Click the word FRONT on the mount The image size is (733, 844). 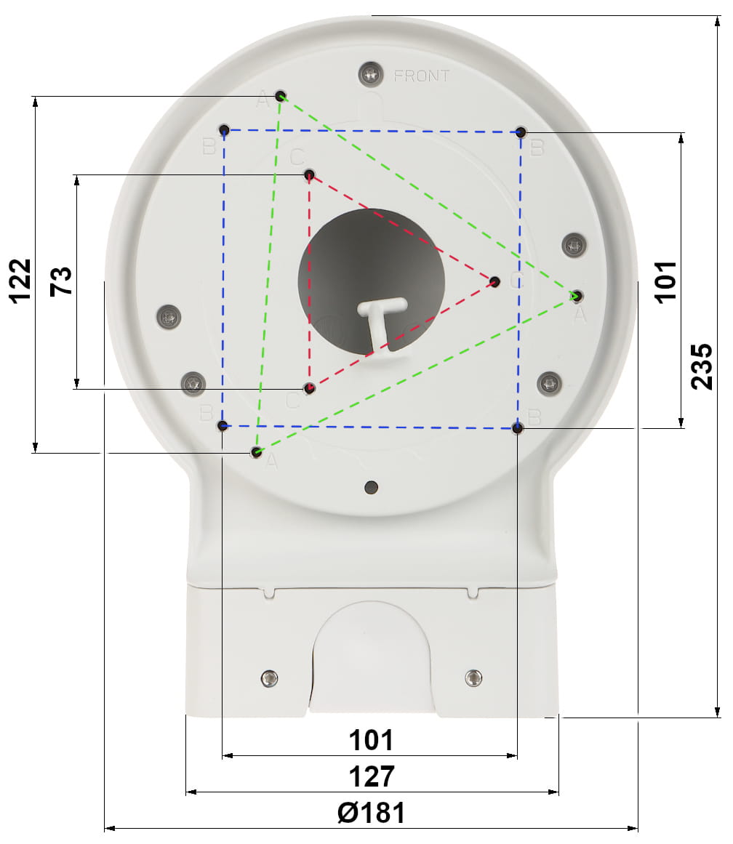pyautogui.click(x=422, y=76)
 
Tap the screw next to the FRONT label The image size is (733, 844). pyautogui.click(x=372, y=73)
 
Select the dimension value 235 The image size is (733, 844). pyautogui.click(x=701, y=366)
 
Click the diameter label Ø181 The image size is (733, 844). pyautogui.click(x=371, y=812)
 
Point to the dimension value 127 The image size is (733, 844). pyautogui.click(x=371, y=776)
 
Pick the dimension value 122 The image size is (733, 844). pyautogui.click(x=20, y=280)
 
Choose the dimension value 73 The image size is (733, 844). pyautogui.click(x=61, y=281)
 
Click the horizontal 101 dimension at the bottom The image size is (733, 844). pyautogui.click(x=371, y=740)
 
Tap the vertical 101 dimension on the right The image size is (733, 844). pyautogui.click(x=665, y=281)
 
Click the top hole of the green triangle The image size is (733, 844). pyautogui.click(x=281, y=96)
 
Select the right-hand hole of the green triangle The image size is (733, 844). pyautogui.click(x=577, y=296)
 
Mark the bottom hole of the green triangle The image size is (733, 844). pyautogui.click(x=256, y=452)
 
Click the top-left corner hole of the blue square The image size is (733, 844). pyautogui.click(x=225, y=130)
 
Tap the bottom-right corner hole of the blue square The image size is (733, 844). pyautogui.click(x=517, y=428)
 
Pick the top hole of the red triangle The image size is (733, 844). pyautogui.click(x=310, y=174)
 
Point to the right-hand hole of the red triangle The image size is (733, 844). pyautogui.click(x=495, y=281)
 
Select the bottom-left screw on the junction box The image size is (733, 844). pyautogui.click(x=269, y=678)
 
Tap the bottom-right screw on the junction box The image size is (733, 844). pyautogui.click(x=473, y=678)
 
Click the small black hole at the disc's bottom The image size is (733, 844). pyautogui.click(x=372, y=486)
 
